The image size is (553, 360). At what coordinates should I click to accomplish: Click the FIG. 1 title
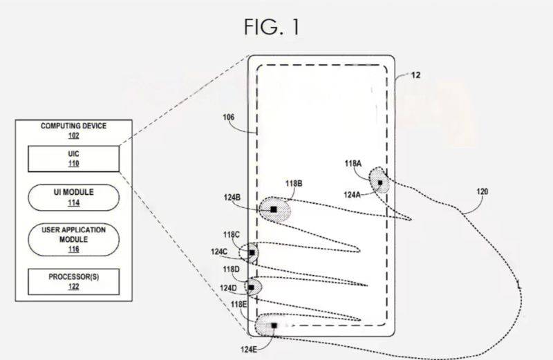point(271,27)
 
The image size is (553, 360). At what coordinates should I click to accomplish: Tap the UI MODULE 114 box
point(73,197)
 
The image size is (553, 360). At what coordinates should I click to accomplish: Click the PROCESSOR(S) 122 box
point(73,281)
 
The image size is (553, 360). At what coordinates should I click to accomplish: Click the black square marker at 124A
point(379,182)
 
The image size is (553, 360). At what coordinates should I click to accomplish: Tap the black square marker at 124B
point(274,208)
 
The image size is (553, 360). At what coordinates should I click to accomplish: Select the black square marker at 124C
point(252,253)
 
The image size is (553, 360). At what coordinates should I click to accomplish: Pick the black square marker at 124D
point(252,286)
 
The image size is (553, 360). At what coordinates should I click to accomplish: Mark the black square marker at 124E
point(274,325)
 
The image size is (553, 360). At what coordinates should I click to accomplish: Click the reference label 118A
point(353,164)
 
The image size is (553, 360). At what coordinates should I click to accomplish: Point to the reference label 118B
point(294,183)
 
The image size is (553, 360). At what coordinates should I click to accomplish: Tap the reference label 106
point(229,118)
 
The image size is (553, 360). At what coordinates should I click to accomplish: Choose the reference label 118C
point(232,235)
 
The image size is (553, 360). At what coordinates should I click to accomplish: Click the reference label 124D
point(228,287)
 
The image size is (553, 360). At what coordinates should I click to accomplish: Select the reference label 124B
point(233,198)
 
